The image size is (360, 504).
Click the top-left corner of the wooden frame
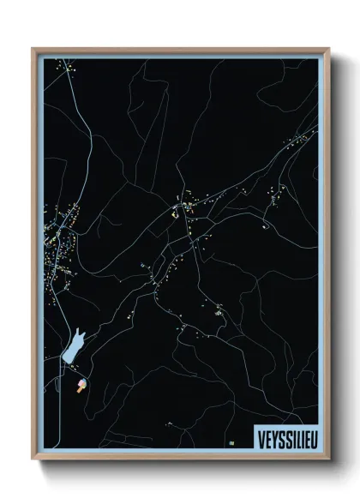33,49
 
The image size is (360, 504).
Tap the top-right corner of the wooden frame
328,49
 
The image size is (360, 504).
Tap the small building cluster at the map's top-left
62,67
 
